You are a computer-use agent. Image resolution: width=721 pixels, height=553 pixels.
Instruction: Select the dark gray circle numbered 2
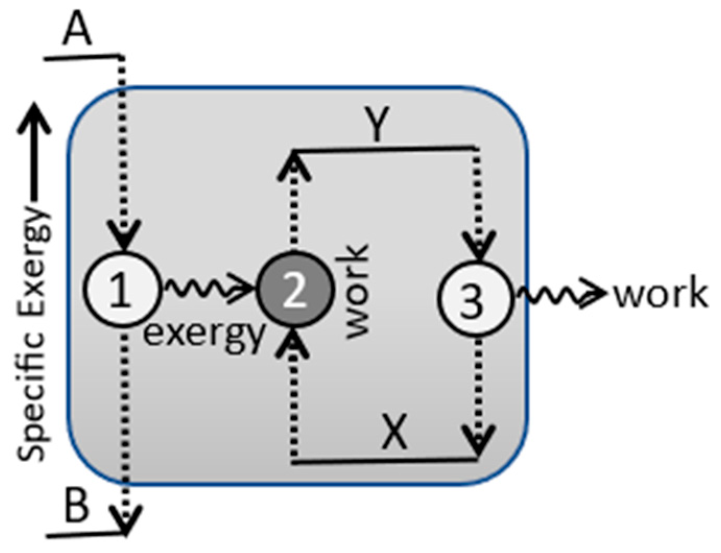pyautogui.click(x=294, y=291)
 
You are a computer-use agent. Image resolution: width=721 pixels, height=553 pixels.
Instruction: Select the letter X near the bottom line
pyautogui.click(x=394, y=432)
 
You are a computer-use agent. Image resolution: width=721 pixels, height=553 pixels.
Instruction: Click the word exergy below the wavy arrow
pyautogui.click(x=204, y=334)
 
